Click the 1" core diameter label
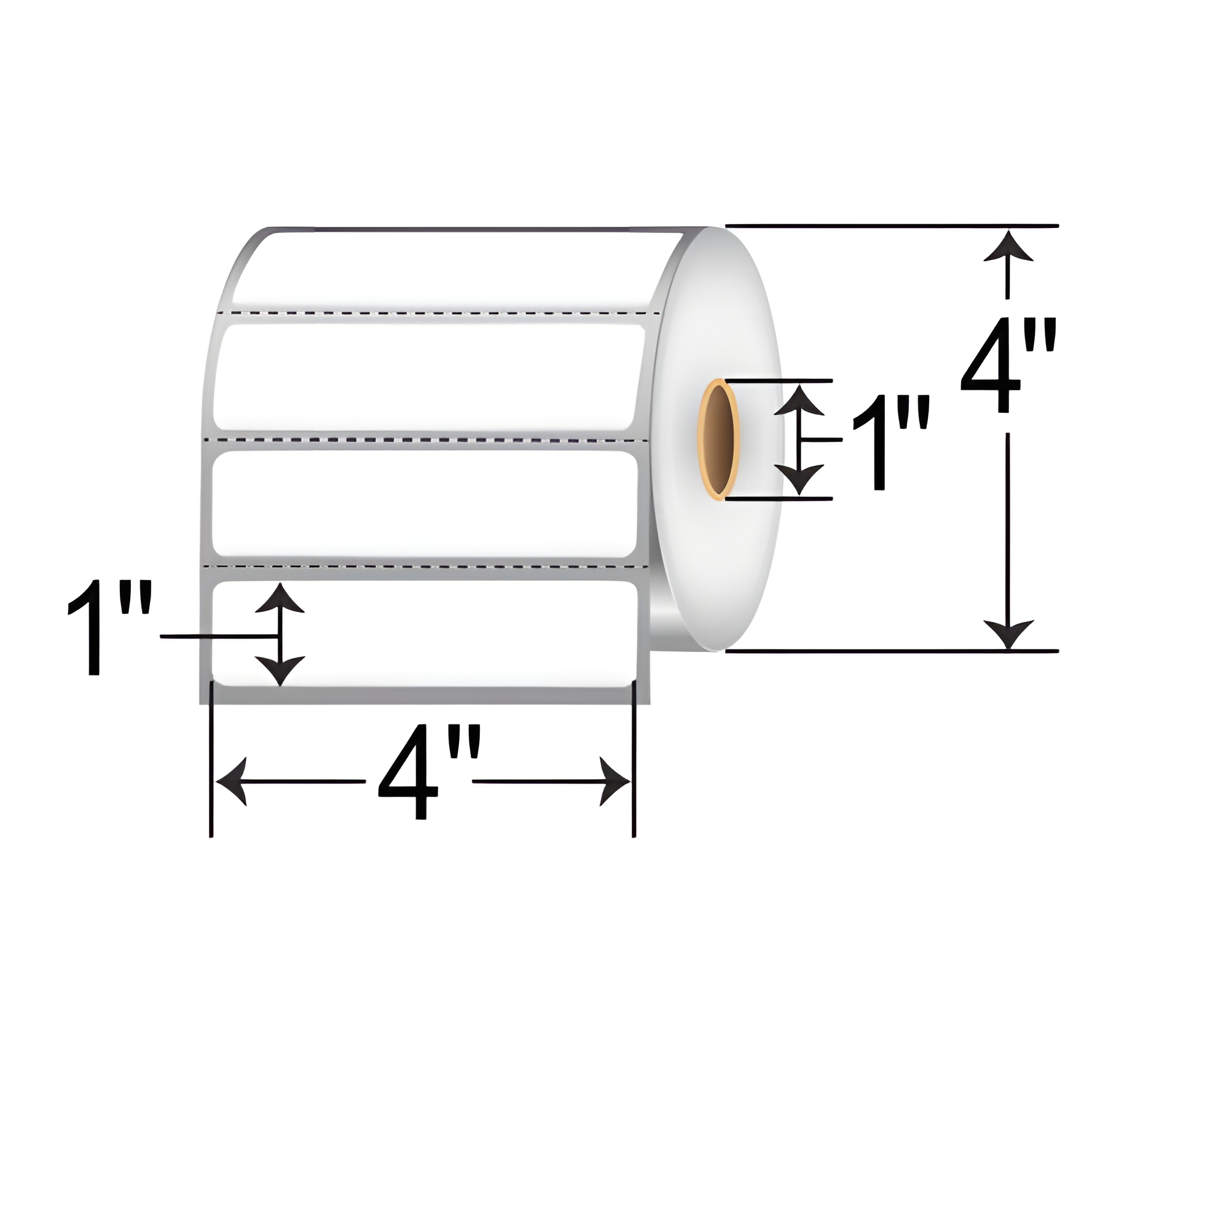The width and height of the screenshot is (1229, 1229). tap(889, 442)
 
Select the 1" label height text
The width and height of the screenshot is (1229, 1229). tap(109, 627)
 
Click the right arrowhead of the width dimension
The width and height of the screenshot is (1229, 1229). tap(616, 781)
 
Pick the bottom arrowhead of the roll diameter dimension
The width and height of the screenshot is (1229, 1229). tap(1007, 634)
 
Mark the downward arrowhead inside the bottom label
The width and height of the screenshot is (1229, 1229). tap(279, 672)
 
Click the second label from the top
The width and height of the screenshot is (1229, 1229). tap(426, 377)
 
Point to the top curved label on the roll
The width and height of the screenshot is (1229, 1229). tap(446, 267)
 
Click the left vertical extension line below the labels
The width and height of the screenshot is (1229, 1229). tap(211, 763)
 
